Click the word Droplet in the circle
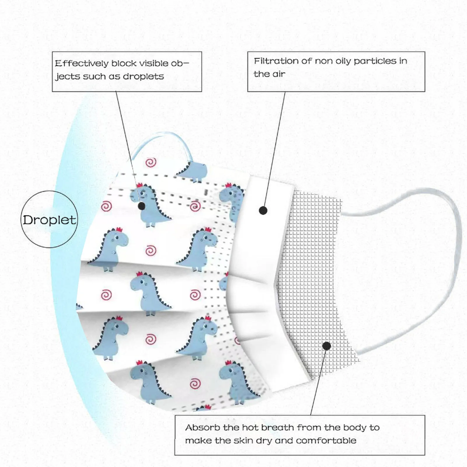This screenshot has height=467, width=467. click(x=49, y=220)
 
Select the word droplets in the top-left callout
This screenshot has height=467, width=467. click(x=143, y=76)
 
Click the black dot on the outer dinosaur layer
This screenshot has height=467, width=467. click(x=142, y=206)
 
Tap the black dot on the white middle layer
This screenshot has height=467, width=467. click(x=263, y=210)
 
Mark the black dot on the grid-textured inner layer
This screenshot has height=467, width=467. click(x=327, y=346)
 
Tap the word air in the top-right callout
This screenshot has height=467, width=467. click(x=278, y=74)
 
